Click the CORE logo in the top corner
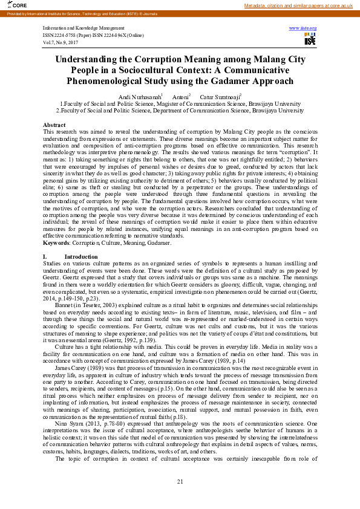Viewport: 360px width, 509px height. pos(11,5)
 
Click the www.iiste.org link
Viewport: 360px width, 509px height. pos(303,28)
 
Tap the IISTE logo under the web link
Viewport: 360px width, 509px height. pos(310,39)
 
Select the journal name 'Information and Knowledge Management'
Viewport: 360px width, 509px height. pos(80,28)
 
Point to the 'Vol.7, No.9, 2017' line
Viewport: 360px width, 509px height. pos(61,41)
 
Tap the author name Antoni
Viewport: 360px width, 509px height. pos(180,97)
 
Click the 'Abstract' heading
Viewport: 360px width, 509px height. pos(54,125)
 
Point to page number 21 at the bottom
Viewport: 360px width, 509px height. pos(180,481)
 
